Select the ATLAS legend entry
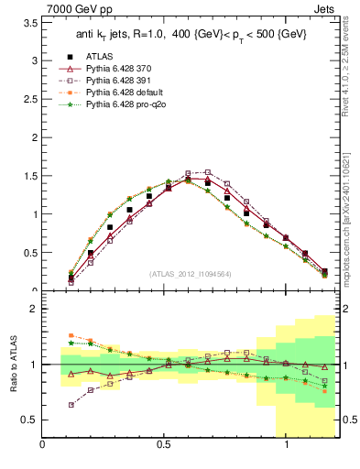point(103,55)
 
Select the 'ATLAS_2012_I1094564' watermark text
point(190,273)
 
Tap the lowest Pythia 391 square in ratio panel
point(71,404)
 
